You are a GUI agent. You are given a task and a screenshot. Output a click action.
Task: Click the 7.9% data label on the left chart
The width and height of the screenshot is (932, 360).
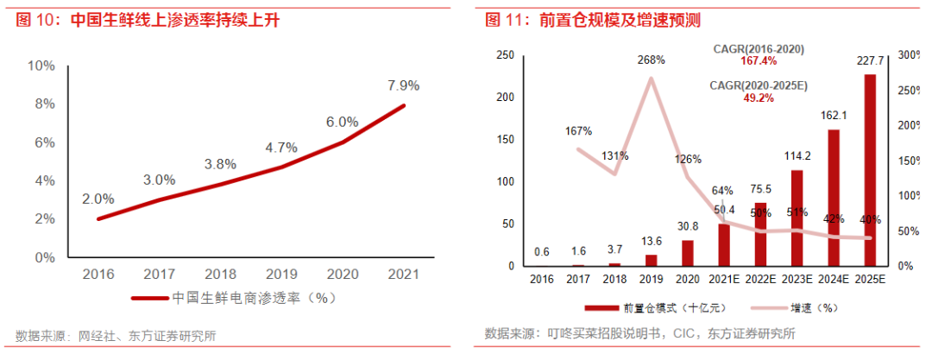point(403,85)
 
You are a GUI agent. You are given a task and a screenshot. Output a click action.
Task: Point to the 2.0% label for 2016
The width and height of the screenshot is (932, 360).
point(98,199)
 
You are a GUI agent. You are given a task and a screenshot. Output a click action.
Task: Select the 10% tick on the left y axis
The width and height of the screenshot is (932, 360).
point(41,66)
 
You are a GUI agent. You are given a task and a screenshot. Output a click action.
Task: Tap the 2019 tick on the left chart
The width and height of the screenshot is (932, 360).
point(282,275)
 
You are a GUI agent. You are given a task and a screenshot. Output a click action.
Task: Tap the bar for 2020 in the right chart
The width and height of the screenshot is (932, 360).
point(688,253)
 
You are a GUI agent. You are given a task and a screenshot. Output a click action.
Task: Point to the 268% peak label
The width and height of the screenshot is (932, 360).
point(651,60)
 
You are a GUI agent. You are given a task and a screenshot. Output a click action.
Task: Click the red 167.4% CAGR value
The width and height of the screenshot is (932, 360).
point(759,61)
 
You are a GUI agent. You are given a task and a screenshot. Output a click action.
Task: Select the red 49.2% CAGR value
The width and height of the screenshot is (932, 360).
point(759,98)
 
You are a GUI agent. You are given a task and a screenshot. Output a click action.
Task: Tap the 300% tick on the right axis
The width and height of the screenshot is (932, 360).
point(910,55)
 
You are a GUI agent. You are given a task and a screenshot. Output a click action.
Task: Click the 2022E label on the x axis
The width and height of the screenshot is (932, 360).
point(760,280)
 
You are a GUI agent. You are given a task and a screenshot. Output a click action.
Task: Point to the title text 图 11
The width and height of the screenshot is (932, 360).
point(504,19)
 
